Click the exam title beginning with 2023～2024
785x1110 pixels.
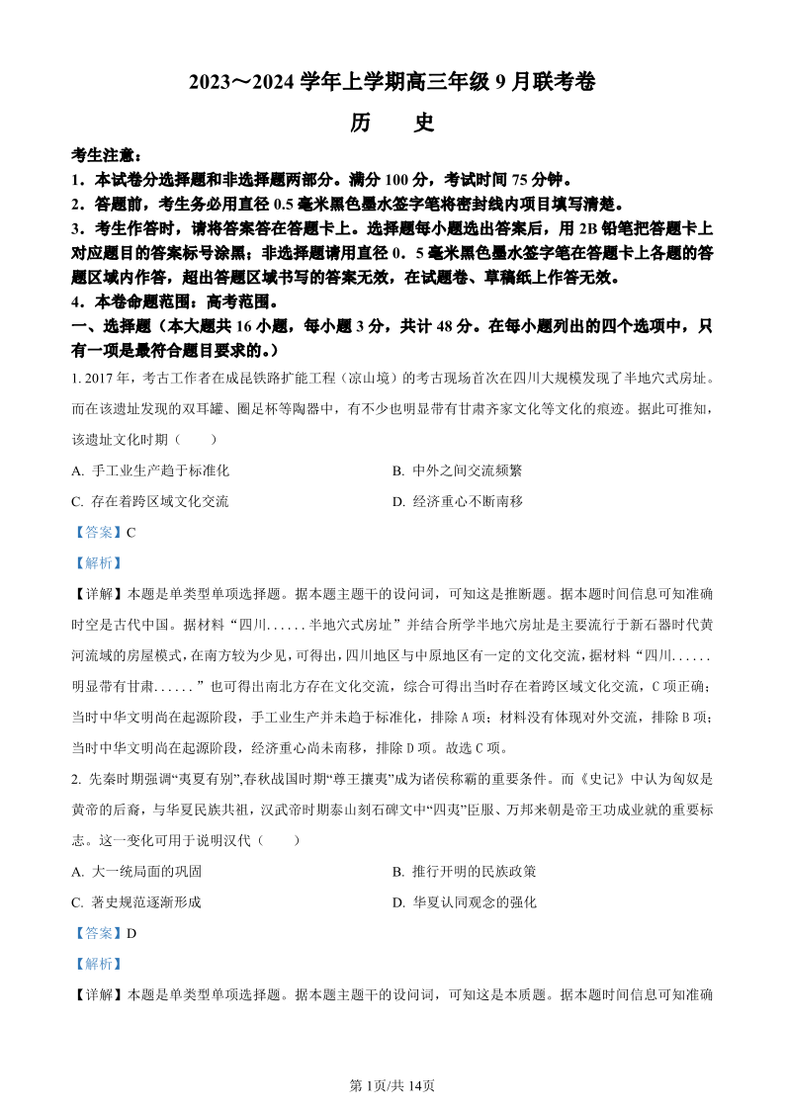tap(392, 83)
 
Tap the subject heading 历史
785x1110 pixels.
tap(392, 123)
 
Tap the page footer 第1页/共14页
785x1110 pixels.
tap(392, 1085)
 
